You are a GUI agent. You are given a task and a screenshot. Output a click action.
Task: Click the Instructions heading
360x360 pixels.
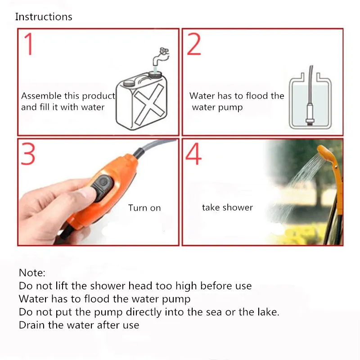[x=44, y=17]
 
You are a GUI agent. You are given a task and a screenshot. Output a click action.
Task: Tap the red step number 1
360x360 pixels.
[x=29, y=44]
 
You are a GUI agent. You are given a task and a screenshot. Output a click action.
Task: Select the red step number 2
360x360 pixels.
[x=194, y=44]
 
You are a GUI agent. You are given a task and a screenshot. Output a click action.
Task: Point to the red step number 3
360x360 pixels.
[x=28, y=154]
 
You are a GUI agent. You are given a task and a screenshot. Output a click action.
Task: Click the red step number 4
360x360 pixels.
[x=193, y=154]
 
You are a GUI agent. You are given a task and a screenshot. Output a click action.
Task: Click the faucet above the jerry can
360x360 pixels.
[x=161, y=57]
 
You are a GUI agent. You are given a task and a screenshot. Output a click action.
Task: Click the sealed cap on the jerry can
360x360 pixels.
[x=129, y=82]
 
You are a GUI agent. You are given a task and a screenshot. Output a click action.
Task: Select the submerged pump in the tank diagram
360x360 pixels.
[x=310, y=114]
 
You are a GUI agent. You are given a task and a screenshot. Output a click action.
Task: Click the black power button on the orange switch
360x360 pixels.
[x=103, y=186]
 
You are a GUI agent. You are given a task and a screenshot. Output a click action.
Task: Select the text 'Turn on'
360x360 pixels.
[x=144, y=208]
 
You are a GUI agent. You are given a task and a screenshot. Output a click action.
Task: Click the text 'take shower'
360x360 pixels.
[x=227, y=207]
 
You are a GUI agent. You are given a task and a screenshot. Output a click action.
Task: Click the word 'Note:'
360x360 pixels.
[x=32, y=273]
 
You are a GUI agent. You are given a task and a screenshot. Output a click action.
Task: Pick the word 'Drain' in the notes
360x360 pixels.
[x=31, y=325]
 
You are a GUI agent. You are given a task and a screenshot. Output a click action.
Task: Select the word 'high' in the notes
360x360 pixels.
[x=186, y=286]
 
